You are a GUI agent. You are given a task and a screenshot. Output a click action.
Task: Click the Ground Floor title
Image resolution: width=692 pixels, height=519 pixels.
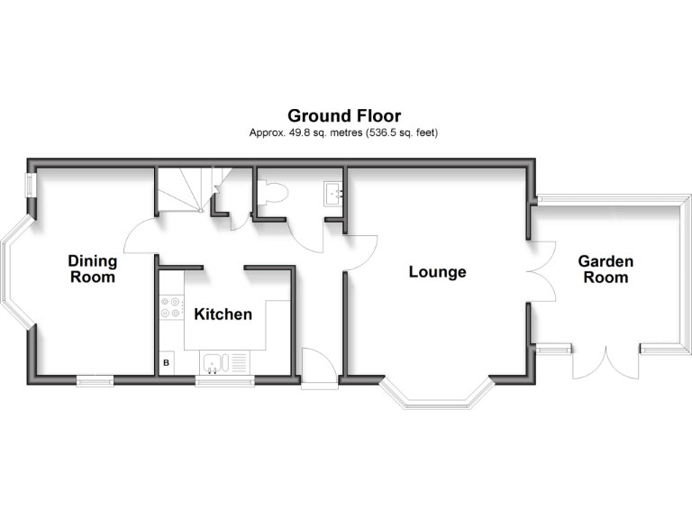(344, 116)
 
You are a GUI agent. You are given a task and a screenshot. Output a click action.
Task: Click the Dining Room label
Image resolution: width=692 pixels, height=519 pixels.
(93, 269)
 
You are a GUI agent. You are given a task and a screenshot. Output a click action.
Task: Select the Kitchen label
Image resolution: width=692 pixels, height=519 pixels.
(223, 314)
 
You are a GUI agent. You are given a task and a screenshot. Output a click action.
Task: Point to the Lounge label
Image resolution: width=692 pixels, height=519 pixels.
(437, 272)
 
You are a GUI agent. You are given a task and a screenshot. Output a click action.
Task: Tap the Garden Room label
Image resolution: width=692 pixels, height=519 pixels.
(605, 269)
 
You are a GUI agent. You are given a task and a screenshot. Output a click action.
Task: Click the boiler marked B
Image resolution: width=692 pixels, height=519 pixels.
(167, 363)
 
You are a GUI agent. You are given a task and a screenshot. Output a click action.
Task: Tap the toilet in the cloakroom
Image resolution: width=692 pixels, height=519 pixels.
(274, 193)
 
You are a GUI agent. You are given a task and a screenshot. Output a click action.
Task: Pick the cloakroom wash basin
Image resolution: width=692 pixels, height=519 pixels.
(333, 194)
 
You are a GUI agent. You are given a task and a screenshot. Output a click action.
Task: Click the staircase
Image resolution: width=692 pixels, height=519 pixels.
(194, 189)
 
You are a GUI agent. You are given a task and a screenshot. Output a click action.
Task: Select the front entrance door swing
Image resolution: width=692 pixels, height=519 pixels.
(320, 368)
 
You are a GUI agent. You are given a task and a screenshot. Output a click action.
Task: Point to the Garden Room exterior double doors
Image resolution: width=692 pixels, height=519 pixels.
(605, 363)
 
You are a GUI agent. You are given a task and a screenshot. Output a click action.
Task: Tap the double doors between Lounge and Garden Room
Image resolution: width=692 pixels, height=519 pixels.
(541, 272)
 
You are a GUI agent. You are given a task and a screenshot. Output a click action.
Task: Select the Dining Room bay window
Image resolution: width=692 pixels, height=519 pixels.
(18, 272)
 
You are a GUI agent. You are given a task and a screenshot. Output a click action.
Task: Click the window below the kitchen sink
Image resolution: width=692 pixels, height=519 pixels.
(225, 381)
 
